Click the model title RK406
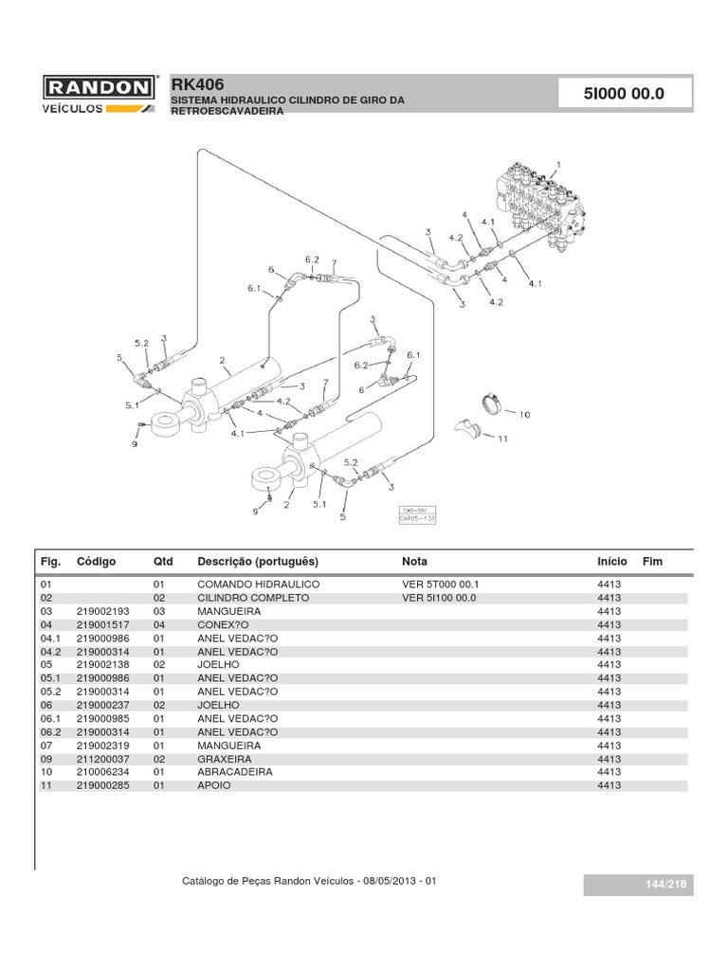click(197, 83)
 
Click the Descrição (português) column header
click(257, 562)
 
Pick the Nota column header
click(414, 562)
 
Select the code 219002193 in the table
click(102, 612)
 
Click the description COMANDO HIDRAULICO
click(258, 585)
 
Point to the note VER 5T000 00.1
click(442, 585)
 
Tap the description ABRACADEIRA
click(234, 772)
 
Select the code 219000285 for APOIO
click(102, 785)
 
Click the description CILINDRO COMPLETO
click(253, 599)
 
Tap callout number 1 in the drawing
click(558, 163)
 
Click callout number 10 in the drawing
click(525, 414)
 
